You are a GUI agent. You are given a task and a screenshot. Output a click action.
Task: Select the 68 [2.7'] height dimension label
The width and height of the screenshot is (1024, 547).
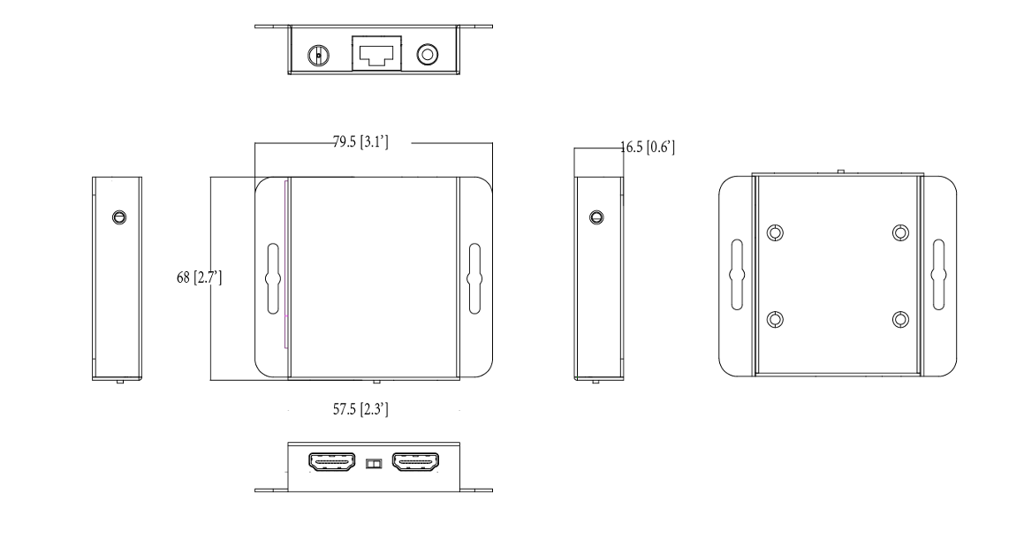[199, 278]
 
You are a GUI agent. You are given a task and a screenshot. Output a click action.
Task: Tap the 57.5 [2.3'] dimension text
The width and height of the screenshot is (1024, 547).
[369, 412]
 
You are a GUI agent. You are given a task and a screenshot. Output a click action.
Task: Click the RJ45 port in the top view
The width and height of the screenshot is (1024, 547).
[376, 53]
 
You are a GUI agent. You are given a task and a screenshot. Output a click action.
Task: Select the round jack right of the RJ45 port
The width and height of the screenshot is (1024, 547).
[427, 55]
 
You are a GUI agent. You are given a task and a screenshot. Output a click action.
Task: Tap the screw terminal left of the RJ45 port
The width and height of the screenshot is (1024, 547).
[317, 56]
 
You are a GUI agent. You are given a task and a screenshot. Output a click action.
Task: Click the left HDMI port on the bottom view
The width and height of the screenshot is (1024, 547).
[332, 461]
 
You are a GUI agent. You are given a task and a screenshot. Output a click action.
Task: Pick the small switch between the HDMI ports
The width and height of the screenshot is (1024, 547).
[374, 462]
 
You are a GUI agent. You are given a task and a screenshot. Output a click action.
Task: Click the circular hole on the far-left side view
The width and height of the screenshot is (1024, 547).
[118, 217]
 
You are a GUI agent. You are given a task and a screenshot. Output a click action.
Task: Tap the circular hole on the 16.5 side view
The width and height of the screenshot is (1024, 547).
[597, 217]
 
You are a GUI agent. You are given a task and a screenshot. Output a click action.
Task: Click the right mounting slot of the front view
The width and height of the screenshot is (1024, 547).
[474, 277]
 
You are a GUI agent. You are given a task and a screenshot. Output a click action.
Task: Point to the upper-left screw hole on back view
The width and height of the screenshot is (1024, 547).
[775, 233]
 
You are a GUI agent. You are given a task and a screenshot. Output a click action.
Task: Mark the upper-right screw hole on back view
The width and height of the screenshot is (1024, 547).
[900, 233]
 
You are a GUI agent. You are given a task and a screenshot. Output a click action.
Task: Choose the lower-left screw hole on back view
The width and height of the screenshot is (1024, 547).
[775, 319]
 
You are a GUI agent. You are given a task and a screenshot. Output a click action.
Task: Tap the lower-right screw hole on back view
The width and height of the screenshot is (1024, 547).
[900, 319]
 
